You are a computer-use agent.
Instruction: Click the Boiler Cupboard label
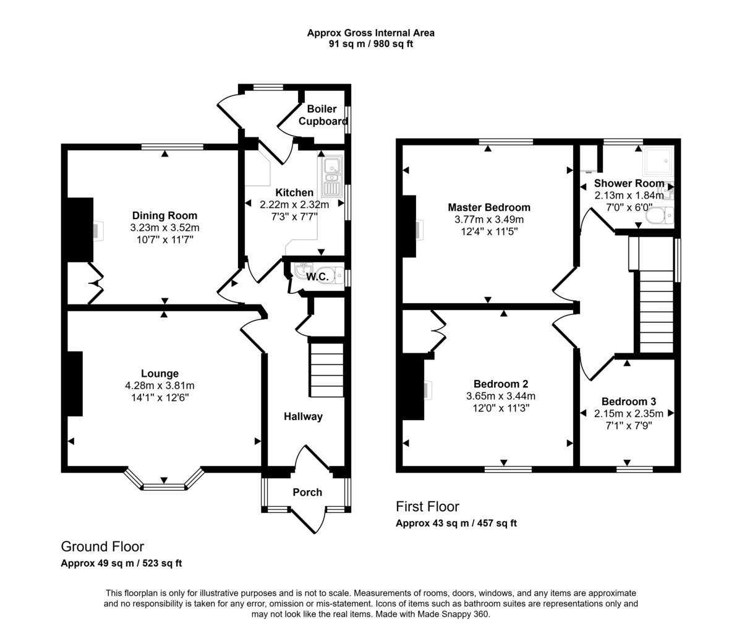322,115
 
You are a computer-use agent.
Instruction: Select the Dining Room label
164,215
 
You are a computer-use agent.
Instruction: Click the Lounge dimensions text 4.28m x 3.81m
160,385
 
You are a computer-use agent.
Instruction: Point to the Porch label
307,493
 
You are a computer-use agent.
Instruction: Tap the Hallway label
303,416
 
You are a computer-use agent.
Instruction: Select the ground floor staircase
326,370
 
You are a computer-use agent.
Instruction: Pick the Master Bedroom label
488,207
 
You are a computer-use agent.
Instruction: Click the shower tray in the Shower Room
657,161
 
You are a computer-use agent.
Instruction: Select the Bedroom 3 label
628,401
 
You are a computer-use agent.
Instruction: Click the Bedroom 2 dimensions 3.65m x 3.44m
500,396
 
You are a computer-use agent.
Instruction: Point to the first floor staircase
655,309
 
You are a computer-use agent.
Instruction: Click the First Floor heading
427,507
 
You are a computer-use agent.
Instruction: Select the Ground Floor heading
102,546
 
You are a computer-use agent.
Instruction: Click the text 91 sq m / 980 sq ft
370,44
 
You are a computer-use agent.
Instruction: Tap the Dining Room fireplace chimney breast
80,230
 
